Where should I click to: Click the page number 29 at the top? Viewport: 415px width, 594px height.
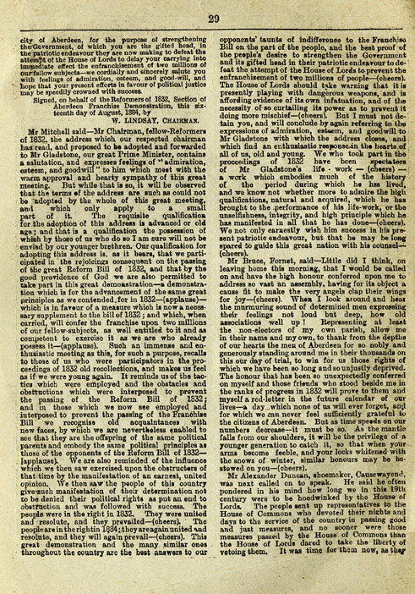pos(208,14)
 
